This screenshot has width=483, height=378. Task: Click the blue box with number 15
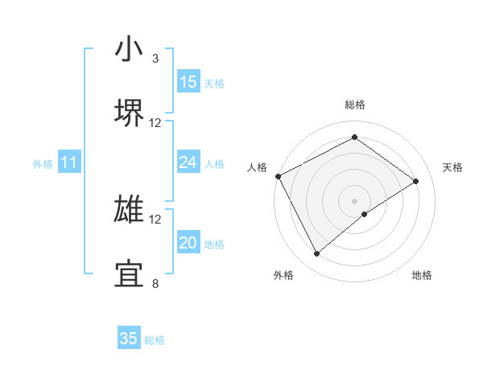point(188,82)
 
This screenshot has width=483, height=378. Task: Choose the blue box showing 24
point(188,162)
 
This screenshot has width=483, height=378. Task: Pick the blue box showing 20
point(188,243)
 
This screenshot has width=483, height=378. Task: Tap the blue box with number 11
point(69,163)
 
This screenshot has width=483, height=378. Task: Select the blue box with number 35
point(129,339)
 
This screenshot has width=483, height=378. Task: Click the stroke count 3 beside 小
point(155,59)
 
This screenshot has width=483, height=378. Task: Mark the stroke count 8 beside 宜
point(155,283)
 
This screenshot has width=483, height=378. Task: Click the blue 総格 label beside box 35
point(155,340)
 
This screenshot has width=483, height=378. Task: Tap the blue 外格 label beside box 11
point(43,164)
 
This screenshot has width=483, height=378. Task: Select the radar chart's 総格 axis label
point(355,105)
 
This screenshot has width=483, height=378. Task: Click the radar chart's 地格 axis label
point(422,276)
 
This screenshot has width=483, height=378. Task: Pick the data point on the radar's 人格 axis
point(278,176)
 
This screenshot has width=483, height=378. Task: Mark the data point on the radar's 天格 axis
point(416,181)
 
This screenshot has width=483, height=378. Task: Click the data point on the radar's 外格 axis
point(317,254)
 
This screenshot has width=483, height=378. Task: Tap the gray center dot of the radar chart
point(355,200)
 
